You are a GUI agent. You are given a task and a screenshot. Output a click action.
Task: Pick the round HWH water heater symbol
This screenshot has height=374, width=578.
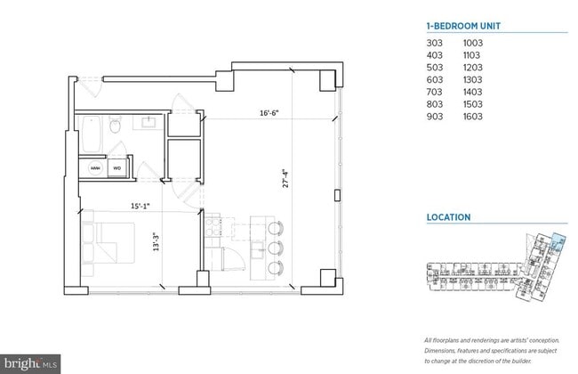[94, 167]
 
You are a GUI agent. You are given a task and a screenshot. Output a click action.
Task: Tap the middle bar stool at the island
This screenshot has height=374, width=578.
[274, 245]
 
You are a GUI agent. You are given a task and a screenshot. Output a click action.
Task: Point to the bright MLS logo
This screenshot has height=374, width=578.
[31, 362]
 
